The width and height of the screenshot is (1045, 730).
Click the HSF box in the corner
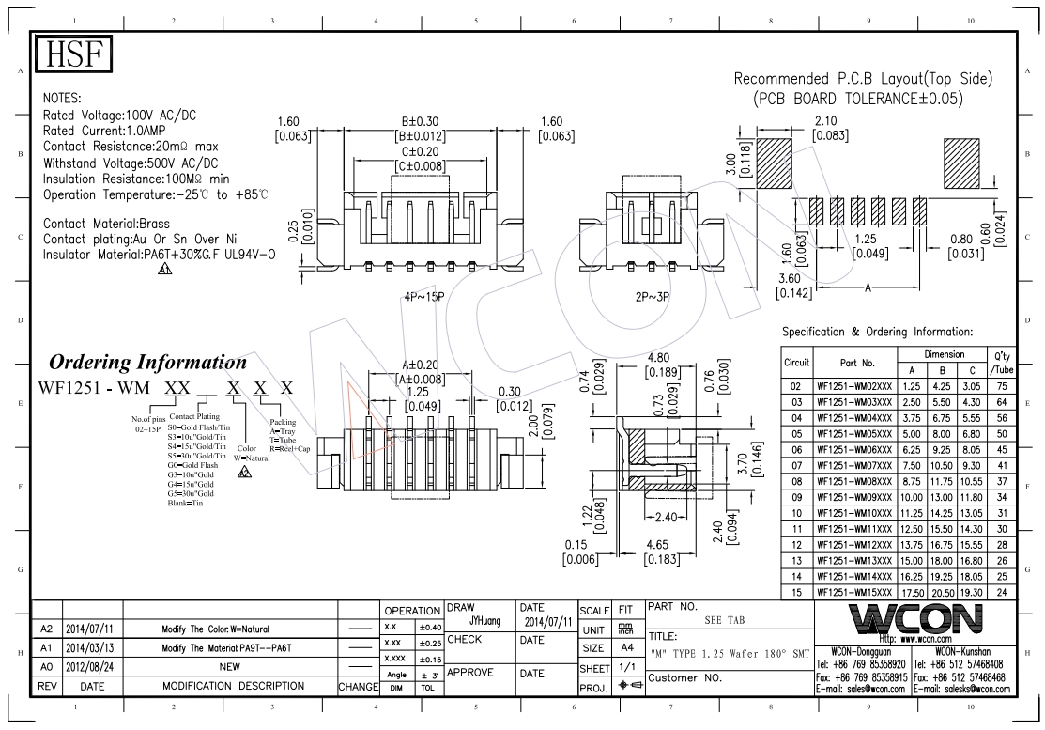(73, 55)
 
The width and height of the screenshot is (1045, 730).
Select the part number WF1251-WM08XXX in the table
(855, 480)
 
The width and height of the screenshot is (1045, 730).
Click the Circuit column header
(797, 362)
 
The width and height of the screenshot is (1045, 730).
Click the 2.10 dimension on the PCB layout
(827, 120)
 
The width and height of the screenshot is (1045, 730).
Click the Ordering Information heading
(147, 363)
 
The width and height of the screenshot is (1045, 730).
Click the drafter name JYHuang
(484, 621)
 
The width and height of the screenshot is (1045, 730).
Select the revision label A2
(46, 629)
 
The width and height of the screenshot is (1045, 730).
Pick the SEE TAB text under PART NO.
(723, 621)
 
